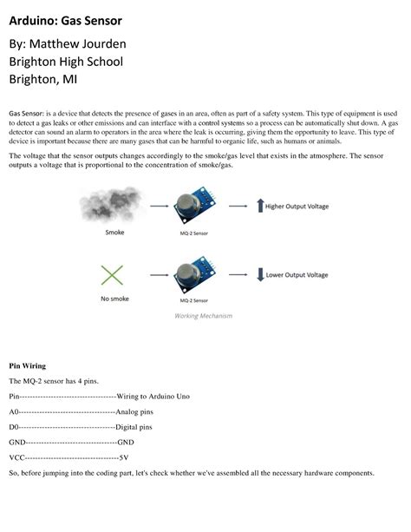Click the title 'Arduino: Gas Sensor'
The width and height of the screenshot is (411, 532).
[66, 18]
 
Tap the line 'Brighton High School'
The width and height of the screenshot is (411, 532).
[66, 62]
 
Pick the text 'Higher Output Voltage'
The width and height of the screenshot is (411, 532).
[298, 207]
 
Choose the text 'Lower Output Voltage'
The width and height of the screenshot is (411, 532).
[297, 275]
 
